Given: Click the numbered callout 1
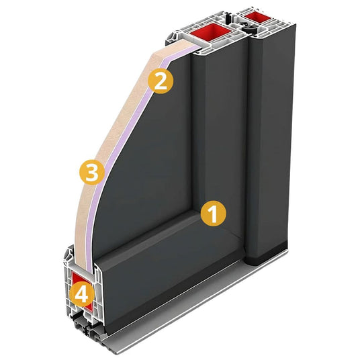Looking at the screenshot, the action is click(x=214, y=214).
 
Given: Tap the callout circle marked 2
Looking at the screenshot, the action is click(x=161, y=81).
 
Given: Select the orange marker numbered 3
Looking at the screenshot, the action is click(x=92, y=172).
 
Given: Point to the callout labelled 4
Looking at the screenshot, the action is click(x=82, y=295).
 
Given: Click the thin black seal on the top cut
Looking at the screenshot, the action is click(x=228, y=17).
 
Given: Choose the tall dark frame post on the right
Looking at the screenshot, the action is click(x=270, y=138).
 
